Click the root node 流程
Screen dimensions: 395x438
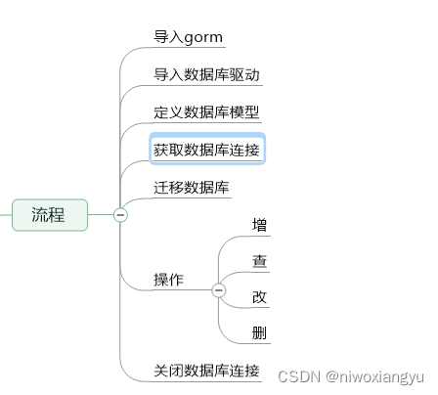[x=49, y=215]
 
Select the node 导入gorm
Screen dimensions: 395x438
[x=188, y=37]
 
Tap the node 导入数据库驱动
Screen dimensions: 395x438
[x=206, y=74]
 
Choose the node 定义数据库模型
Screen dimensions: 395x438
[x=206, y=111]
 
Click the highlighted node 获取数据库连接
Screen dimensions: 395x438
[x=206, y=150]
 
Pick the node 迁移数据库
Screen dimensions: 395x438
[x=192, y=187]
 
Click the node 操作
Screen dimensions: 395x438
[x=168, y=280]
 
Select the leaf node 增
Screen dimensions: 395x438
[x=259, y=225]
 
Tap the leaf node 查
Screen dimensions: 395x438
[x=259, y=261]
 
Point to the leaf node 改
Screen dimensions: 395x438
[x=259, y=297]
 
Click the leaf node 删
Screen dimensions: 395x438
[x=259, y=333]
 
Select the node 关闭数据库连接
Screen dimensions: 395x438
[x=206, y=371]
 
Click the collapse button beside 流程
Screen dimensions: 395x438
[x=120, y=215]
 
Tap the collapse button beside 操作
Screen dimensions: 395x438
[x=218, y=289]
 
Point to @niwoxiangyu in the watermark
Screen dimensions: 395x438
[x=375, y=376]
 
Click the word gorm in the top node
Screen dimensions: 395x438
[x=204, y=37]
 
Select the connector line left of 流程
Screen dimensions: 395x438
[x=5, y=215]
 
